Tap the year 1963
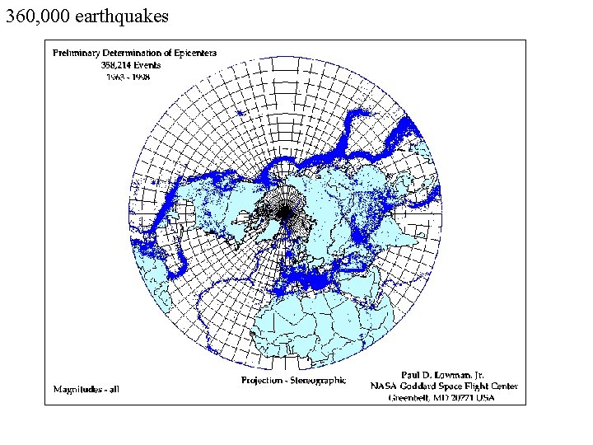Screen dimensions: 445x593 (117, 76)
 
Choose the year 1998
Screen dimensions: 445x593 (149, 76)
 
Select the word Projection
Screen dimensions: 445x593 (262, 381)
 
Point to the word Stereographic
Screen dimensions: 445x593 (318, 381)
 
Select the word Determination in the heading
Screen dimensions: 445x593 (129, 53)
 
